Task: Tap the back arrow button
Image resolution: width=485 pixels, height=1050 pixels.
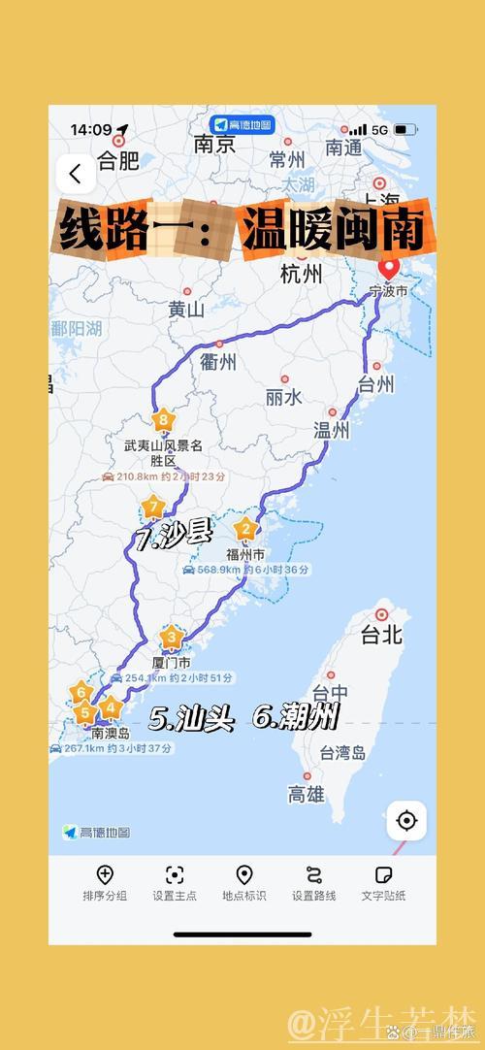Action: coord(75,175)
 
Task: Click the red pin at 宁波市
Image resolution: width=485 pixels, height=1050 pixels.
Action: coord(389,270)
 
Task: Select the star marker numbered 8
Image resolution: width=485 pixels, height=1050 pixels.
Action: coord(163,421)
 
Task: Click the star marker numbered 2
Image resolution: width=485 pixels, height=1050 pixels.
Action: coord(245,529)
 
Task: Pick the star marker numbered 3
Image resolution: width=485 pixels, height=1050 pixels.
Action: coord(173,638)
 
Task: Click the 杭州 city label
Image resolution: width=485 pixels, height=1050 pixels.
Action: coord(301,275)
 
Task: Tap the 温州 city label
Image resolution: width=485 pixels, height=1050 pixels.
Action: coord(331,430)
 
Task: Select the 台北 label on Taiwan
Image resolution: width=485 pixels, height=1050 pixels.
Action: coord(381,636)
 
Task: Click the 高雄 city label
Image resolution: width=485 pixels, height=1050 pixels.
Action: coord(307,795)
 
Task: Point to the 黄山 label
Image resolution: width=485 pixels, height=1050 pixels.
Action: coord(187,310)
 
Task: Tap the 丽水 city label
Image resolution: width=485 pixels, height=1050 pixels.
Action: coord(284,397)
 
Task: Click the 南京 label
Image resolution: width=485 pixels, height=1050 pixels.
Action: coord(214,145)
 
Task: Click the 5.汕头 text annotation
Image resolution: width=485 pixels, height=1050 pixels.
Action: coord(192,719)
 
